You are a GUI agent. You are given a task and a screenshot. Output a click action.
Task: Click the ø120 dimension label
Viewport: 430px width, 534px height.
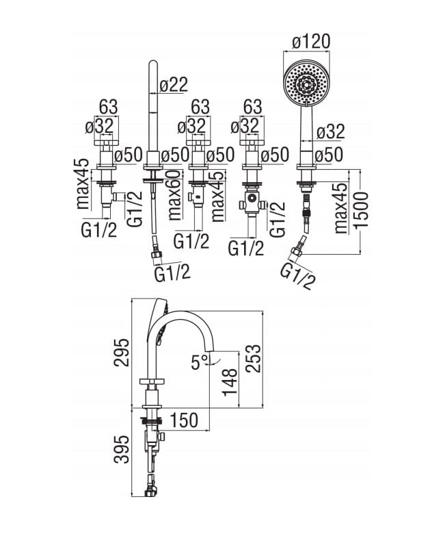pyautogui.click(x=311, y=42)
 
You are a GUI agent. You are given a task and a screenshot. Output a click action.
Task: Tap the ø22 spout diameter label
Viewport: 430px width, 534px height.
pyautogui.click(x=174, y=84)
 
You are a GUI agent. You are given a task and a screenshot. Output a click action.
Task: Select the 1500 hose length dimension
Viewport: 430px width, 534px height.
pyautogui.click(x=361, y=210)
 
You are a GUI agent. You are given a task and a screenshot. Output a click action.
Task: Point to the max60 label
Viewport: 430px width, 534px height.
pyautogui.click(x=174, y=195)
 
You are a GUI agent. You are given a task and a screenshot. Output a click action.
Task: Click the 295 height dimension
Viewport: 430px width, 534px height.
pyautogui.click(x=122, y=352)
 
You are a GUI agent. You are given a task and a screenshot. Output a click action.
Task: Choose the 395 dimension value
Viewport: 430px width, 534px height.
pyautogui.click(x=122, y=449)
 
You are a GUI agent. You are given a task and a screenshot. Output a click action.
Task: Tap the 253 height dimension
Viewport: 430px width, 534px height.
pyautogui.click(x=253, y=358)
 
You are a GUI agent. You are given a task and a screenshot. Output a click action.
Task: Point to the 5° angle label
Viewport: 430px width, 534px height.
pyautogui.click(x=199, y=361)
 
